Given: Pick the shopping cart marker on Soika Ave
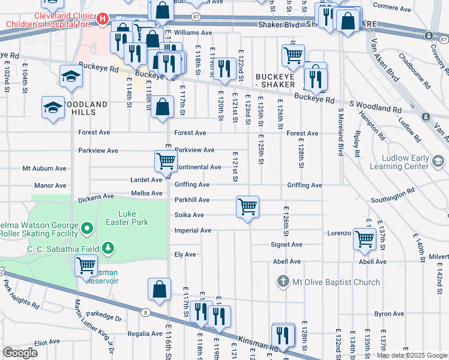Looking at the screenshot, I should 247,207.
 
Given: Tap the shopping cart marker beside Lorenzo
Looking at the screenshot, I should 364,238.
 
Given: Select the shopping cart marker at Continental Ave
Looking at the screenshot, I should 166,161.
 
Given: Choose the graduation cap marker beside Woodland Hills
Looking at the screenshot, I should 53,107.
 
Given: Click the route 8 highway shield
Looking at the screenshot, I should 145,311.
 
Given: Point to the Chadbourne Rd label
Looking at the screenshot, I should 414,71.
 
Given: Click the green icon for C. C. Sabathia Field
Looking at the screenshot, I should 108,248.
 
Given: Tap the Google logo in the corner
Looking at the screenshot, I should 20,353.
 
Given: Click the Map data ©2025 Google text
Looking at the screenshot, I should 412,355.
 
